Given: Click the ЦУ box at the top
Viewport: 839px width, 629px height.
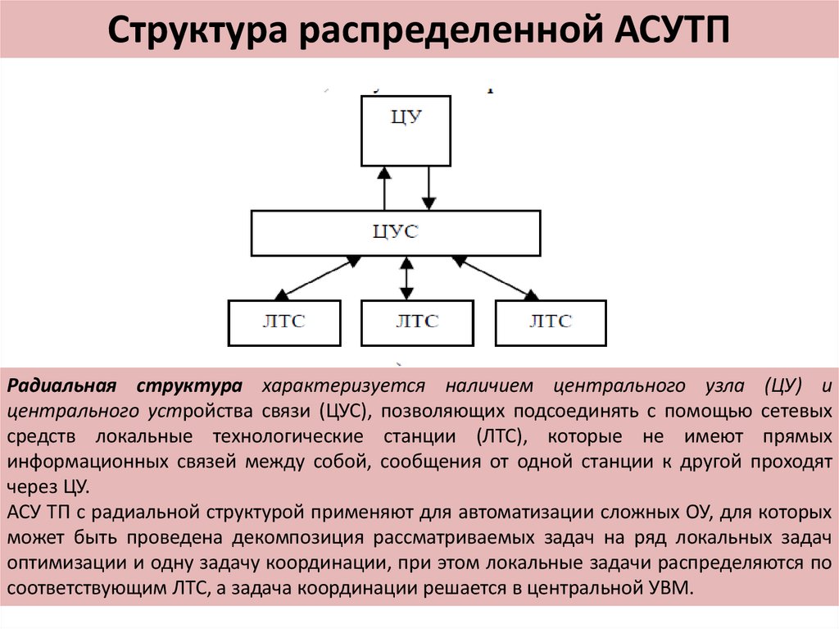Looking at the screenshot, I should coord(406,130).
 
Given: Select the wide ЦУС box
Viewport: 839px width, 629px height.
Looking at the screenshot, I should coord(395,233).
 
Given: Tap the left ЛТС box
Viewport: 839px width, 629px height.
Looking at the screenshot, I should coord(283,322).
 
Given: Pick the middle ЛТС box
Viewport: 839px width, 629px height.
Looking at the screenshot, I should coord(417,322).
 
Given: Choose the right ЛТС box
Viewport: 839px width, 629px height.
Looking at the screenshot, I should coord(551,322).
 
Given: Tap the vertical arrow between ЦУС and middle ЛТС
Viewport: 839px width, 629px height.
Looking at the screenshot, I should coord(405,278).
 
